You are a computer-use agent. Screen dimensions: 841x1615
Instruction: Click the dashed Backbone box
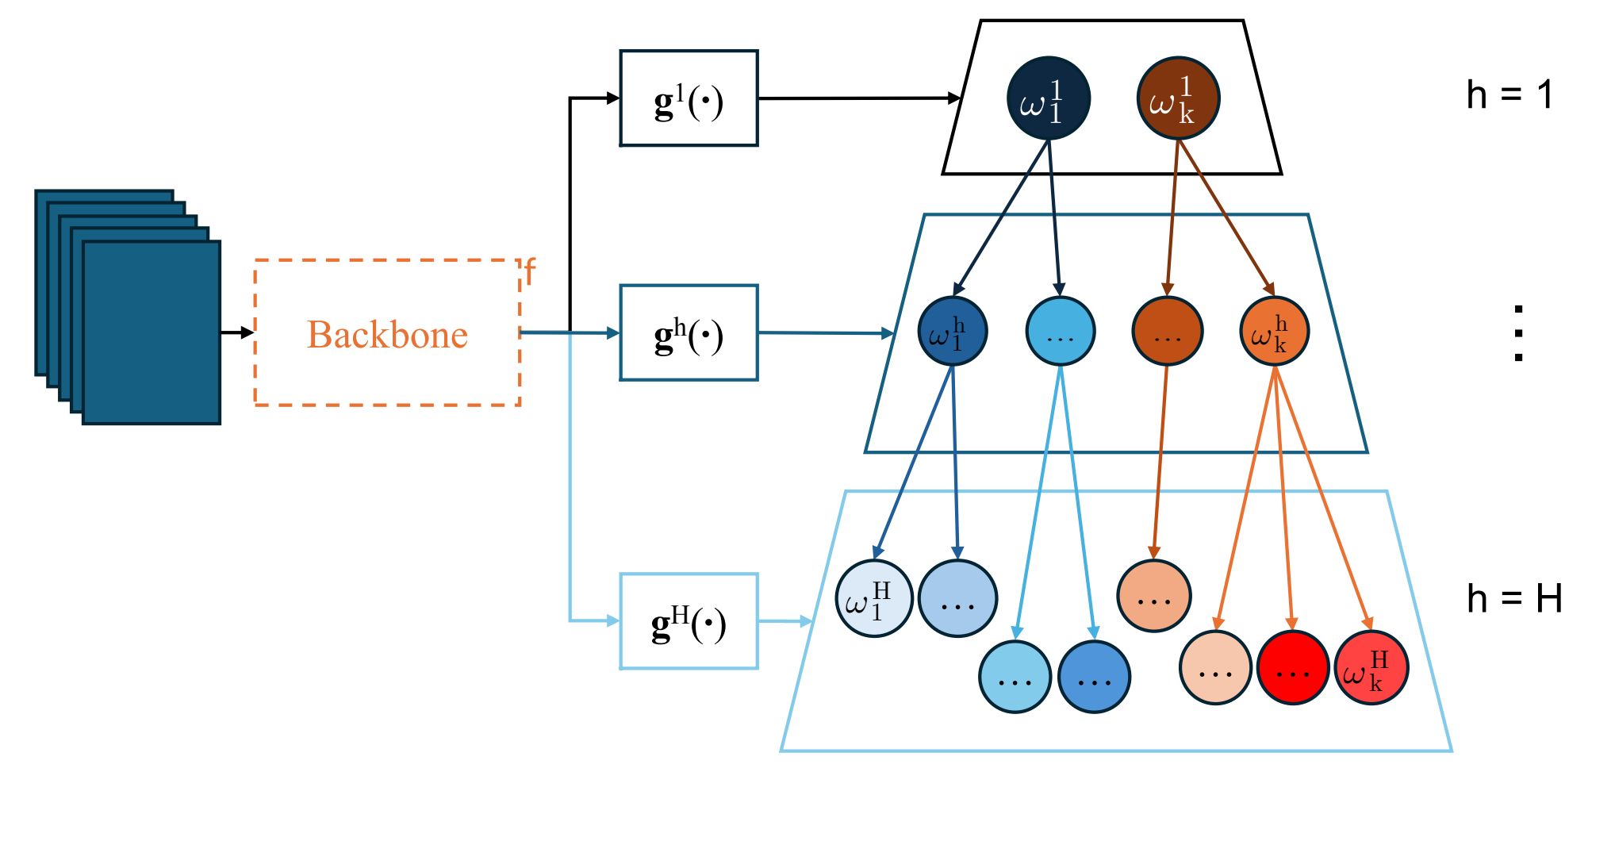click(x=387, y=333)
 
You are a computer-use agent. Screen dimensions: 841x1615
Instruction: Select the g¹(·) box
click(x=689, y=98)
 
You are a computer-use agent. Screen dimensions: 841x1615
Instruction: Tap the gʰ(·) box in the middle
click(x=689, y=333)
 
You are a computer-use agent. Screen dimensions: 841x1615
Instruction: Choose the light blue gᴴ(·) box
click(x=689, y=621)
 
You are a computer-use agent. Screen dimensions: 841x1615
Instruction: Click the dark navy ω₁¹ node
click(x=1049, y=98)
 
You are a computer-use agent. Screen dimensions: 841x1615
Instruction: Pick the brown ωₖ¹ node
click(x=1178, y=98)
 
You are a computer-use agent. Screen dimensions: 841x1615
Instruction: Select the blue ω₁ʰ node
click(x=952, y=331)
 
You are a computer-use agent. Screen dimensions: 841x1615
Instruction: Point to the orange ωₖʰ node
click(x=1274, y=331)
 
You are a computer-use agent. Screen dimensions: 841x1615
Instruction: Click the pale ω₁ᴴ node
click(x=874, y=598)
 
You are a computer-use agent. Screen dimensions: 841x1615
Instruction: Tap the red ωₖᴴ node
click(x=1371, y=668)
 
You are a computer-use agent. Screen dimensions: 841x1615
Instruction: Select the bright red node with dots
click(x=1292, y=668)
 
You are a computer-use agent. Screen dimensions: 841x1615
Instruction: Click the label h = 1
click(x=1510, y=95)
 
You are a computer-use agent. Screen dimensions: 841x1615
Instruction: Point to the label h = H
click(x=1513, y=598)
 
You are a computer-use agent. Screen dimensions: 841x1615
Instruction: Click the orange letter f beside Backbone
click(x=530, y=272)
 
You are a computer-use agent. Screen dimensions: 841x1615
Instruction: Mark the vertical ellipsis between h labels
click(x=1518, y=333)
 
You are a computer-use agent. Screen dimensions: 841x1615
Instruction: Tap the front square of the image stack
click(x=152, y=332)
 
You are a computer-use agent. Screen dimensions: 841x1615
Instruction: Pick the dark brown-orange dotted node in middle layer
click(x=1167, y=331)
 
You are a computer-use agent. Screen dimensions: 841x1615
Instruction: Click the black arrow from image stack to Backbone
click(x=237, y=332)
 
